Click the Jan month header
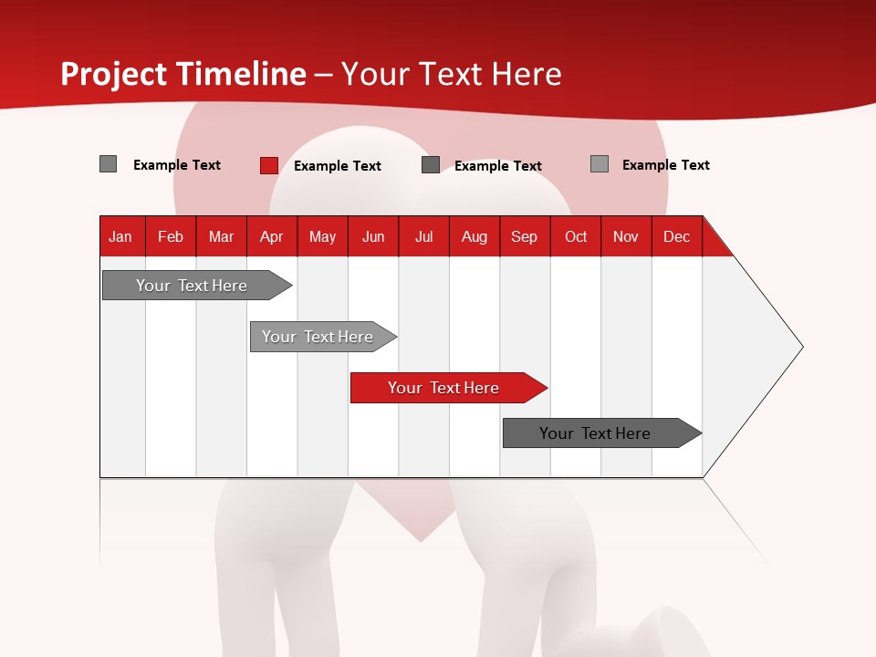click(x=120, y=236)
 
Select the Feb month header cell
click(x=171, y=236)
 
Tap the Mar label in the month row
click(x=221, y=236)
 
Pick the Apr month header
click(x=271, y=236)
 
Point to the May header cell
click(x=322, y=236)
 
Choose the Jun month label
click(x=373, y=236)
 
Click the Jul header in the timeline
click(x=423, y=236)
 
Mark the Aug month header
click(x=474, y=236)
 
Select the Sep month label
click(x=525, y=236)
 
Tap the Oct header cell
click(x=576, y=236)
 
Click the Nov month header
click(x=626, y=236)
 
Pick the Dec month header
click(x=677, y=236)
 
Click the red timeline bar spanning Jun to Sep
click(x=444, y=388)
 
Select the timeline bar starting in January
click(x=193, y=286)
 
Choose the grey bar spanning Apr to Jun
click(x=318, y=337)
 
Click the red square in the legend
click(x=269, y=165)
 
